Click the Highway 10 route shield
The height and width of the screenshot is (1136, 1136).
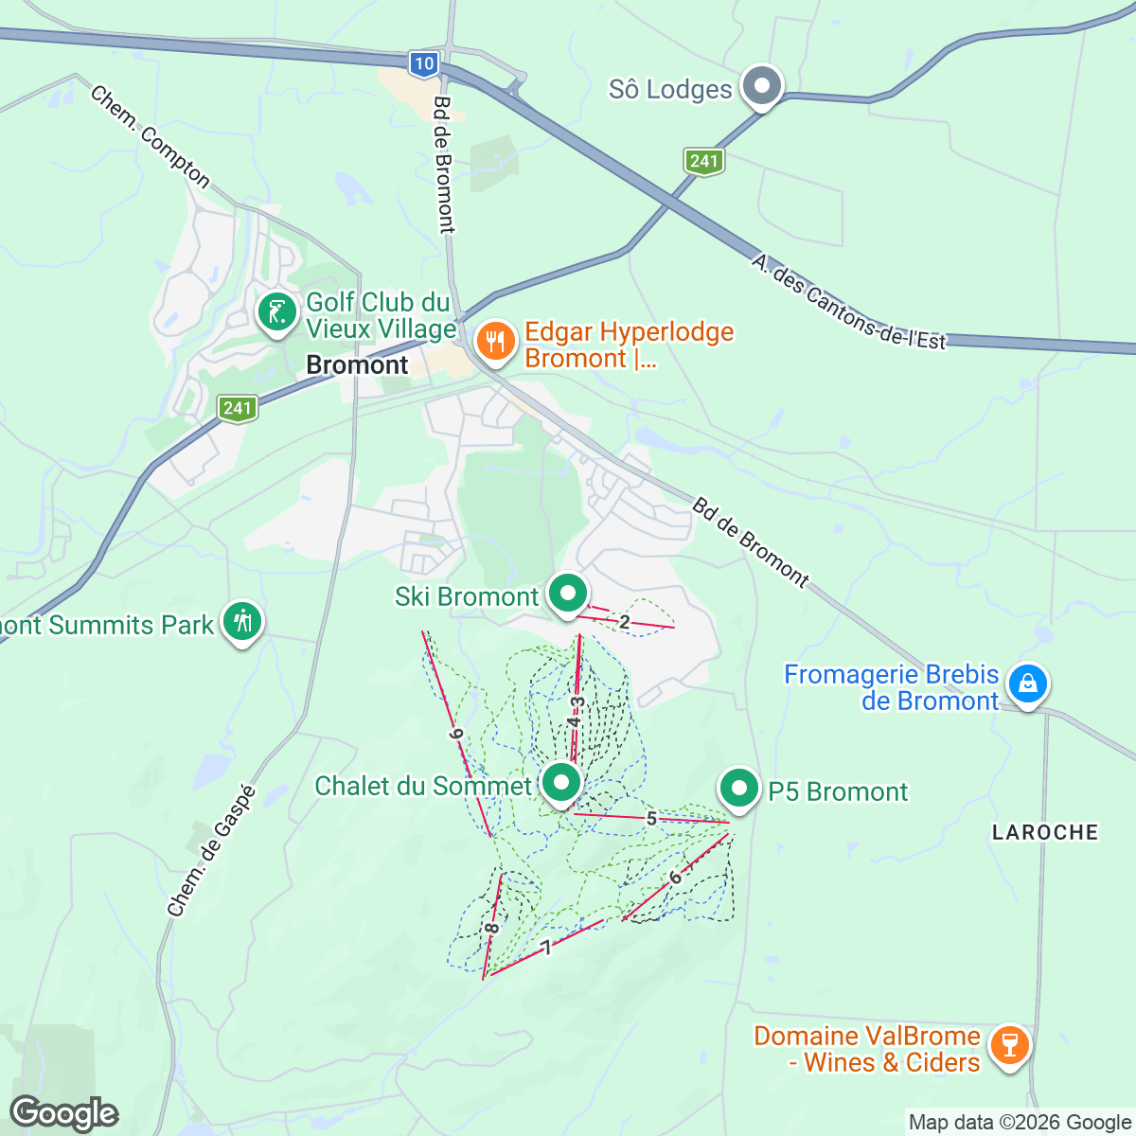(x=424, y=63)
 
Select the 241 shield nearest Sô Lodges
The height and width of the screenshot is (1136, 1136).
(x=703, y=161)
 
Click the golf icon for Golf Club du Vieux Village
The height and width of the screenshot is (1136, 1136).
(x=277, y=311)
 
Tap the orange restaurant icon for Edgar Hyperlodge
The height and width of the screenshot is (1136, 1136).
(x=495, y=341)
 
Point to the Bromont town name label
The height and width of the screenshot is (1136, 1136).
(x=357, y=365)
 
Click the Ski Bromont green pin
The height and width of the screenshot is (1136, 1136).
(x=568, y=595)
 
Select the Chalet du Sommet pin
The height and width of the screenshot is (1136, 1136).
(x=561, y=784)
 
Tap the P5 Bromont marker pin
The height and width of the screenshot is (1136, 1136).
(x=739, y=789)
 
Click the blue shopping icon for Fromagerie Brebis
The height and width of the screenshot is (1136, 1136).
(x=1026, y=683)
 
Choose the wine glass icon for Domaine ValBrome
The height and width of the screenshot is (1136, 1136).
(x=1009, y=1046)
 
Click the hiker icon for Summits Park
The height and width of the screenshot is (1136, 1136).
(x=243, y=621)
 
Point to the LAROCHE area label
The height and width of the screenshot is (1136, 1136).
(x=1045, y=832)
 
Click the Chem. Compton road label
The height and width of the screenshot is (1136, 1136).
(x=151, y=137)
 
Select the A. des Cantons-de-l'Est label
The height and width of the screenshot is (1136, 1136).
(x=848, y=302)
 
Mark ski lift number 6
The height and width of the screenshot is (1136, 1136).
(x=675, y=878)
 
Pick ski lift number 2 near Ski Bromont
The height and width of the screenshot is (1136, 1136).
(x=624, y=622)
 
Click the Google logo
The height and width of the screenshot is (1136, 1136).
(x=64, y=1113)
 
